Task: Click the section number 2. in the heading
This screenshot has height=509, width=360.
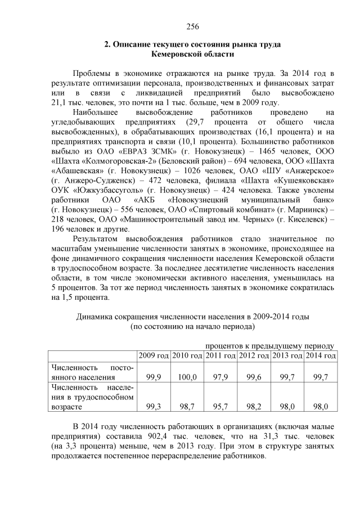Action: pyautogui.click(x=108, y=44)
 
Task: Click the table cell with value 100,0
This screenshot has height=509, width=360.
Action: pyautogui.click(x=186, y=377)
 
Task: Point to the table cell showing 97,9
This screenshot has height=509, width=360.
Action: pyautogui.click(x=219, y=377)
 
